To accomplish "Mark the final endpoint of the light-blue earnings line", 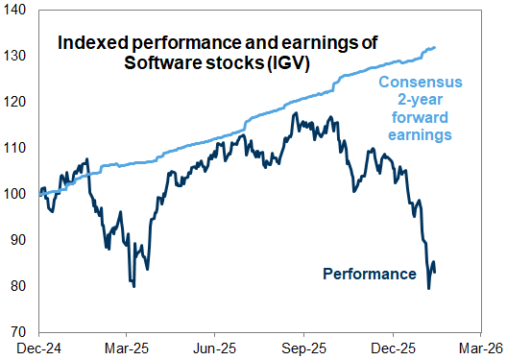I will (x=436, y=47).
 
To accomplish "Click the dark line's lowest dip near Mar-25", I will (x=133, y=286).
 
